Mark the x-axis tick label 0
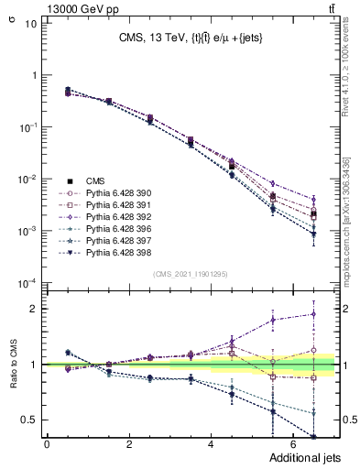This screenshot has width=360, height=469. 47,445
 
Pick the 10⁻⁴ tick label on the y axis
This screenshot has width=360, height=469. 27,283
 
